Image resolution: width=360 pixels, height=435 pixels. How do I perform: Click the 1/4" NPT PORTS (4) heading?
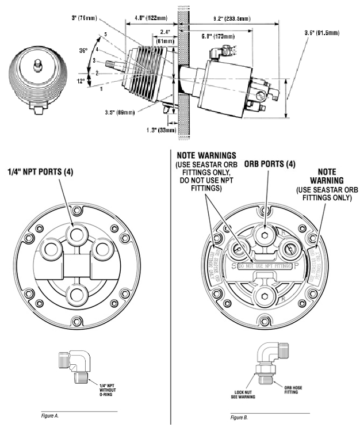[x=42, y=172]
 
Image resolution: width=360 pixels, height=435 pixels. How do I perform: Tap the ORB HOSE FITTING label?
[x=293, y=392]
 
